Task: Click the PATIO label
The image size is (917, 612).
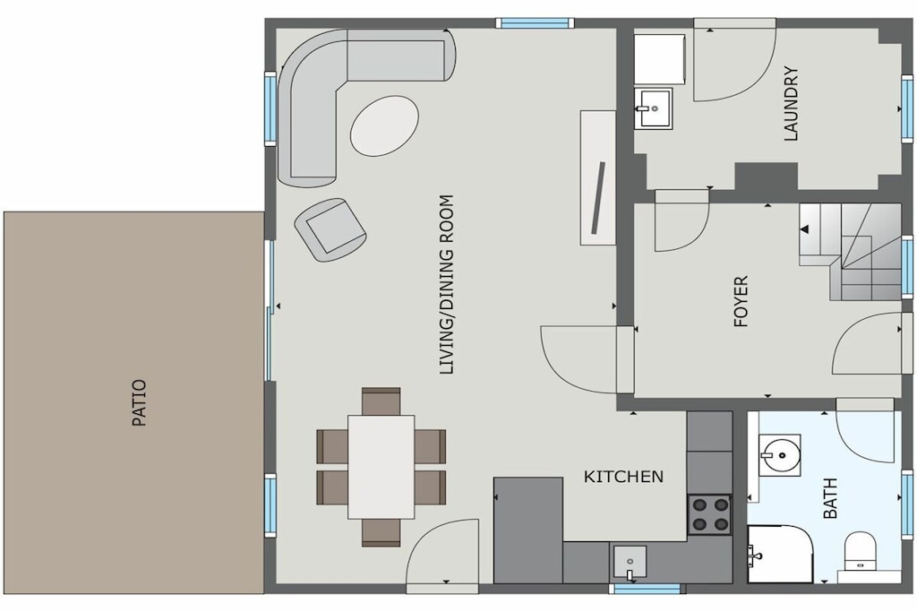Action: (x=139, y=403)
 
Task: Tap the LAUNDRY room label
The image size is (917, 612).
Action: (x=791, y=104)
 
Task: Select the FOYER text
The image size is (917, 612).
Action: (x=741, y=301)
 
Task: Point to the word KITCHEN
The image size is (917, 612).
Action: (x=623, y=477)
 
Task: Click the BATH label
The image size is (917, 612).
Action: (x=830, y=498)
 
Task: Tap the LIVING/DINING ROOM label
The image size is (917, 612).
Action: (x=446, y=284)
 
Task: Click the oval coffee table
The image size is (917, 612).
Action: (x=384, y=126)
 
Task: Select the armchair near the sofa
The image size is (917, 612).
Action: (x=331, y=228)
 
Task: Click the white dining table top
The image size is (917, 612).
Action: (x=381, y=467)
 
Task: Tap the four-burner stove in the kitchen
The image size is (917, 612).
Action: (x=709, y=514)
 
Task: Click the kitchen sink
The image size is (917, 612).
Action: (x=630, y=563)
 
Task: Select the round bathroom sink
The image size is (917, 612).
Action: (x=780, y=454)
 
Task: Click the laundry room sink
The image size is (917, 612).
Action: (x=654, y=108)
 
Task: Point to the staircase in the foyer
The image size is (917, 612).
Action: (x=851, y=252)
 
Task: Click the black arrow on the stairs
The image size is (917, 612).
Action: (x=805, y=229)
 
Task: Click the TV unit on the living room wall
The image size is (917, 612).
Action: (x=597, y=177)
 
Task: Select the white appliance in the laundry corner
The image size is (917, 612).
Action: (x=660, y=59)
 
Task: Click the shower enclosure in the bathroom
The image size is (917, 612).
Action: (x=780, y=554)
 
